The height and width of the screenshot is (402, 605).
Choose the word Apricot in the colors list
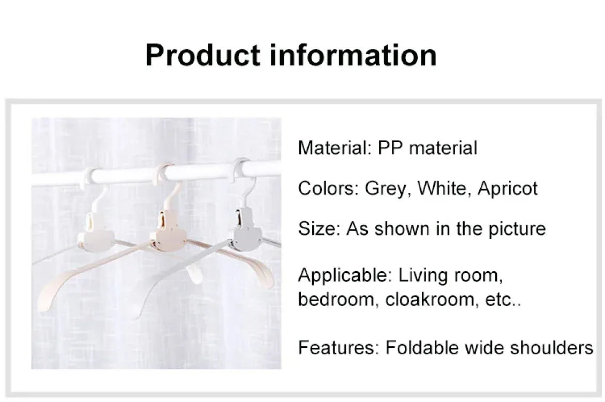(x=508, y=189)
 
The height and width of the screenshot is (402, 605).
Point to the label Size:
(x=319, y=229)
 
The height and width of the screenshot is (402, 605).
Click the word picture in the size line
(x=516, y=229)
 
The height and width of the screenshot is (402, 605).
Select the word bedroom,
(x=339, y=299)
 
